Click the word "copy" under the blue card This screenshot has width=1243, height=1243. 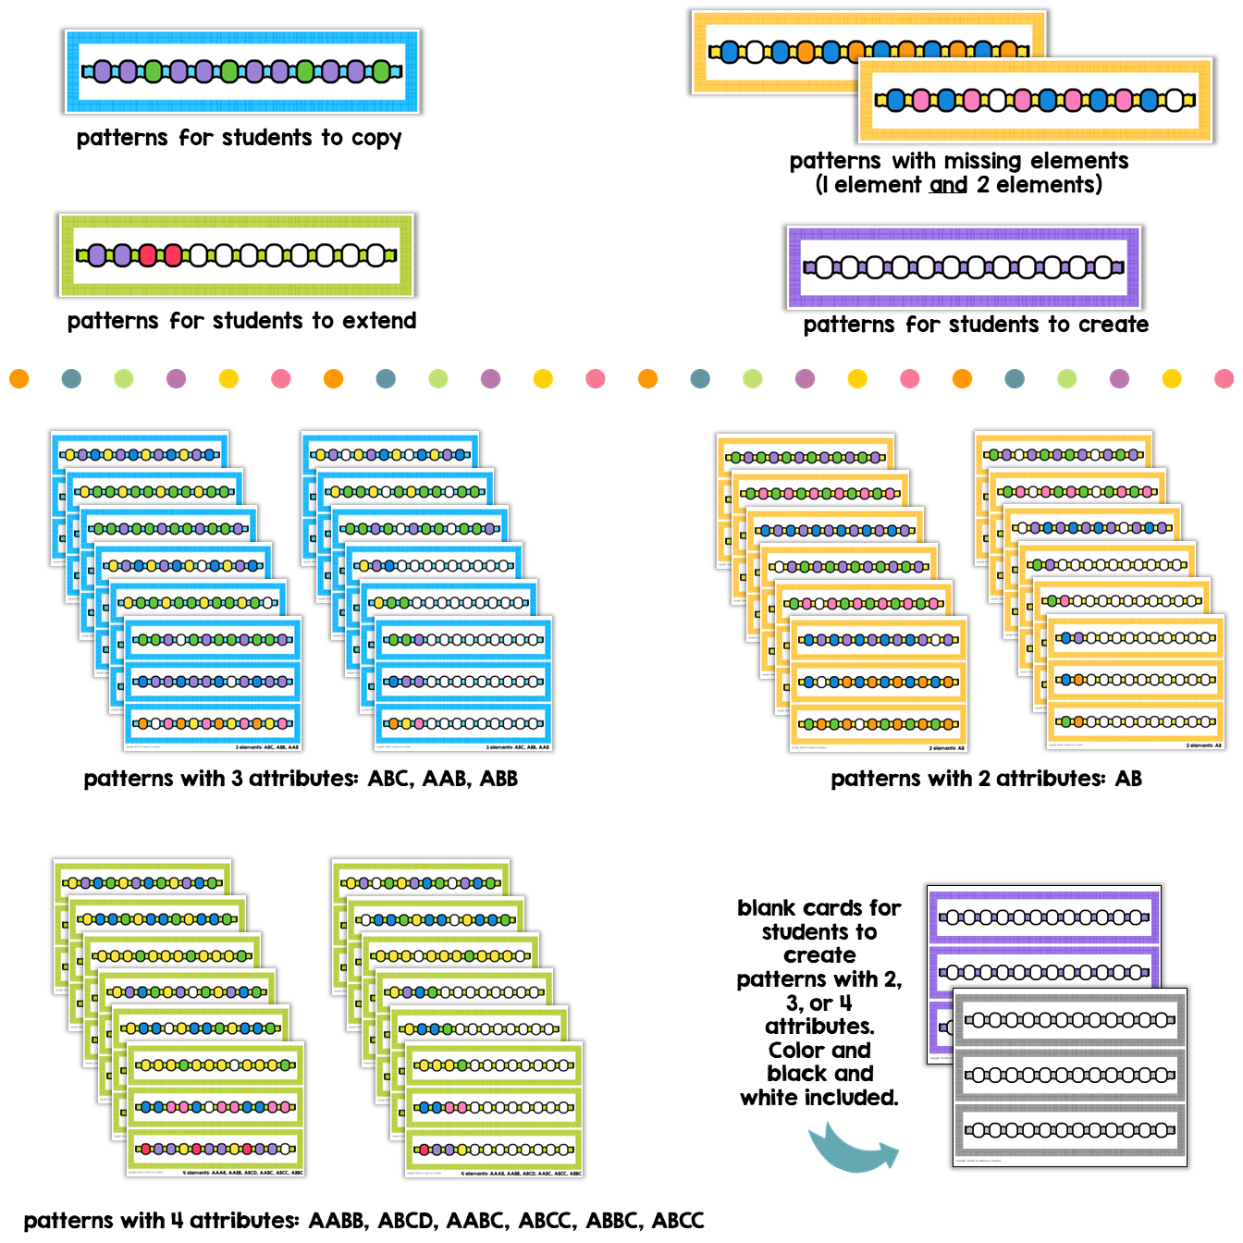375,139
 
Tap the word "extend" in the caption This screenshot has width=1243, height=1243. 378,321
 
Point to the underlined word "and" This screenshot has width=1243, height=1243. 948,185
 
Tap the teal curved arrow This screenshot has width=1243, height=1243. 852,1148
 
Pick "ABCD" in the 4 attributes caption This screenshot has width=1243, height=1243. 406,1221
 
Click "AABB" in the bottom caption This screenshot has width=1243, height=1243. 338,1221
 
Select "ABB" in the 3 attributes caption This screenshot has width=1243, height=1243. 498,779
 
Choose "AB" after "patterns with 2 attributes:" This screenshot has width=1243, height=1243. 1128,779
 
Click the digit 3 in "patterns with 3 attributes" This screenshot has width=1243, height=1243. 237,779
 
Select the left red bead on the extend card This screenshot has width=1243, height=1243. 148,255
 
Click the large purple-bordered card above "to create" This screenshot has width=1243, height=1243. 964,268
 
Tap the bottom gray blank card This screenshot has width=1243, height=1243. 1069,1129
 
